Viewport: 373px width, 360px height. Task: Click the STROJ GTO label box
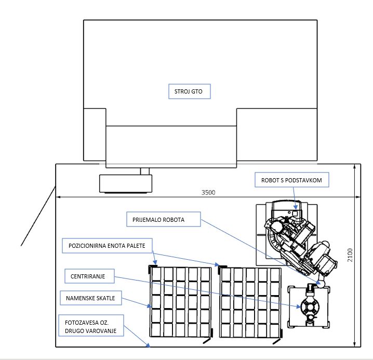point(189,92)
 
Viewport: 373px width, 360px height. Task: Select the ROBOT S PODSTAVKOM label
point(291,180)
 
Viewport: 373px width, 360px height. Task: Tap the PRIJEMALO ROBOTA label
point(163,220)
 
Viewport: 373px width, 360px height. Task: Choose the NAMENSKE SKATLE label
point(91,299)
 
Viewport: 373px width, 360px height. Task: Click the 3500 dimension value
point(208,193)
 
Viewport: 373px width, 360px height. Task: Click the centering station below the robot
point(310,307)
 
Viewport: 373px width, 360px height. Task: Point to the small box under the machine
point(126,183)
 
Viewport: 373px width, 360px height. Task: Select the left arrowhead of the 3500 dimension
point(58,197)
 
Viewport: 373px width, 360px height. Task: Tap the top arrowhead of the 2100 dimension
point(355,167)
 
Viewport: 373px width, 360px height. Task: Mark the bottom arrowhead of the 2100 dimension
point(355,344)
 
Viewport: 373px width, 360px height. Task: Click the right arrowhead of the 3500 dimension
point(359,197)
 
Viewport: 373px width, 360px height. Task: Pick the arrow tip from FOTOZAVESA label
point(150,345)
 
